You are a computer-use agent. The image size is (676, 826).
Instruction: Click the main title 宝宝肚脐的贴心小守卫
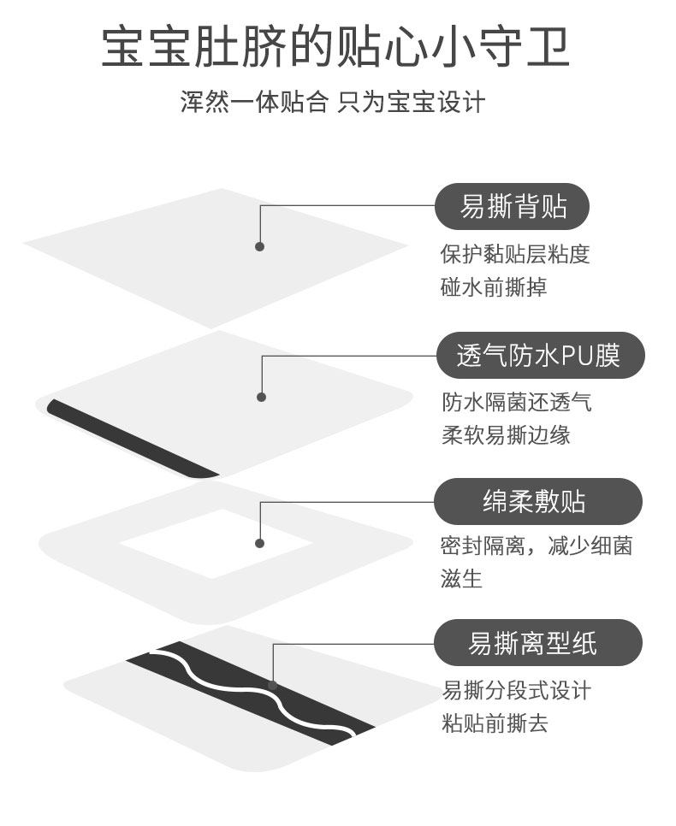pos(335,48)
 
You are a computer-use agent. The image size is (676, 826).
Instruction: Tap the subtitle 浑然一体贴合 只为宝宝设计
pos(333,103)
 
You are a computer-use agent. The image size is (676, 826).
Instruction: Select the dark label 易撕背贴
pos(513,207)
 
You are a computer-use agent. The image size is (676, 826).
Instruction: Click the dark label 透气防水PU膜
pos(538,355)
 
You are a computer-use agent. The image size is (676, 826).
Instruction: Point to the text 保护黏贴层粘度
pos(515,255)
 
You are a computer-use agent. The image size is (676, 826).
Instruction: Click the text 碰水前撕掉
pos(493,287)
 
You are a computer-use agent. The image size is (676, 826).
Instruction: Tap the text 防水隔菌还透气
pos(516,402)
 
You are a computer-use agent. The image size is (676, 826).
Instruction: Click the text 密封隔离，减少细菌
pos(536,546)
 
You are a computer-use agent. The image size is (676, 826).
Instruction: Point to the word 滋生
pos(461,579)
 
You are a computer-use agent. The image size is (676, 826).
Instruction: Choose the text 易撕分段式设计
pos(516,691)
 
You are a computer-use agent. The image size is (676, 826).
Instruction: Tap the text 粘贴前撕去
pos(495,723)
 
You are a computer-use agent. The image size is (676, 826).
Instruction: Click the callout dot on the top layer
pos(259,246)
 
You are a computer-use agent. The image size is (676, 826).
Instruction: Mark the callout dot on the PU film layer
pos(261,397)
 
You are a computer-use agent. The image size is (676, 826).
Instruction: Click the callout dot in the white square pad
pos(259,543)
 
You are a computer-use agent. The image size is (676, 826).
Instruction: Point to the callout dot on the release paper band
pos(272,685)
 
